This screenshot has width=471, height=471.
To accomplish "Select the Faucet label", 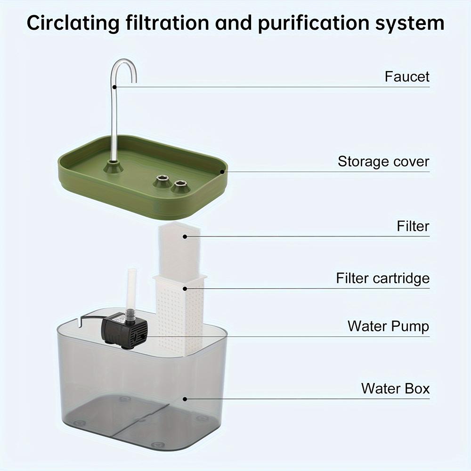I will (407, 76).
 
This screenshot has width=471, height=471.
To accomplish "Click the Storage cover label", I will (383, 162).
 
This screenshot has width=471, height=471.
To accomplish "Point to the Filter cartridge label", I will (382, 278).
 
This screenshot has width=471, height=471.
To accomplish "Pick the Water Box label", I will (395, 389).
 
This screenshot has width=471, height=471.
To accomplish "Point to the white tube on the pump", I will (132, 287).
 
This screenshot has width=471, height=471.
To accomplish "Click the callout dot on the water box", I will (185, 399).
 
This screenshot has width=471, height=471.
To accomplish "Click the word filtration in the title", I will (168, 23).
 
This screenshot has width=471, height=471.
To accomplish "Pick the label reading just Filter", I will (413, 226).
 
